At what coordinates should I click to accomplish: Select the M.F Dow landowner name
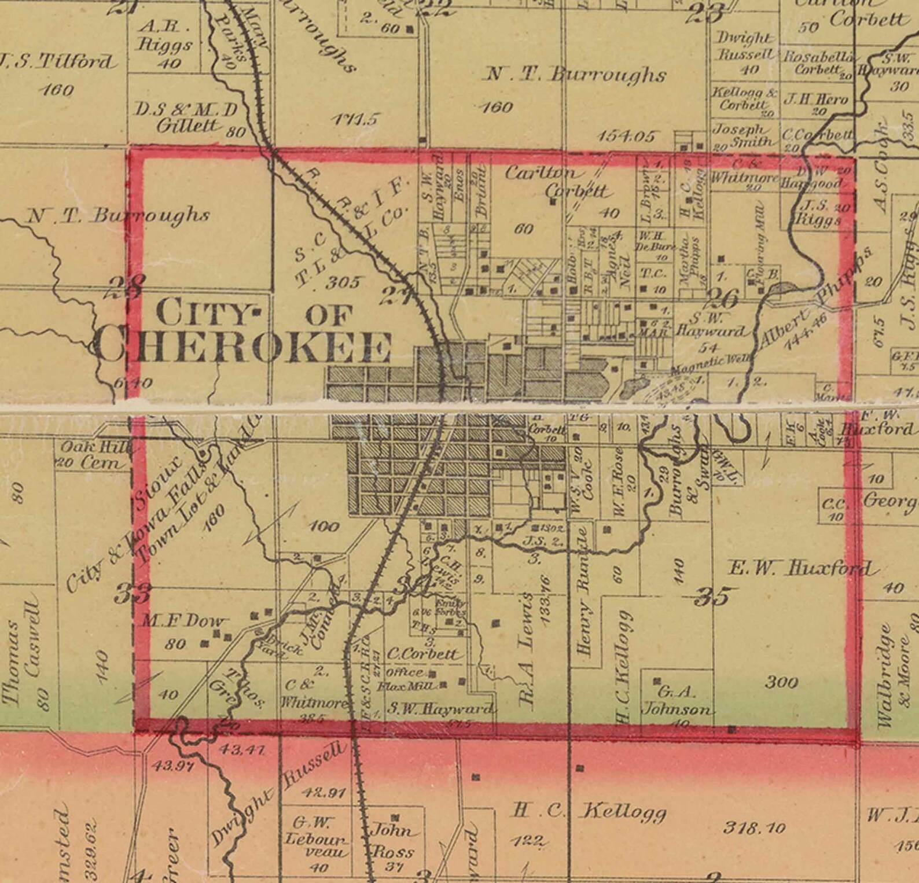pyautogui.click(x=183, y=621)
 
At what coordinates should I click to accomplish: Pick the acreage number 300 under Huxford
pyautogui.click(x=781, y=682)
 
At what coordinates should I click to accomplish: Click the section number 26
pyautogui.click(x=723, y=299)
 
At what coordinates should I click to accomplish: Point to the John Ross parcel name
pyautogui.click(x=394, y=840)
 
